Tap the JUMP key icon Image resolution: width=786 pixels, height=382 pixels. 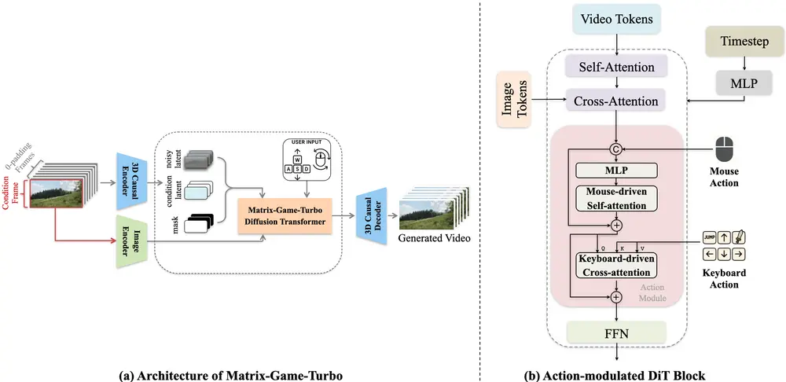tap(709, 237)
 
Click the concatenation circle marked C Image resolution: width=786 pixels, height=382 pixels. tap(616, 150)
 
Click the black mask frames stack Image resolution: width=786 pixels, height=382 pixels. tap(198, 226)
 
